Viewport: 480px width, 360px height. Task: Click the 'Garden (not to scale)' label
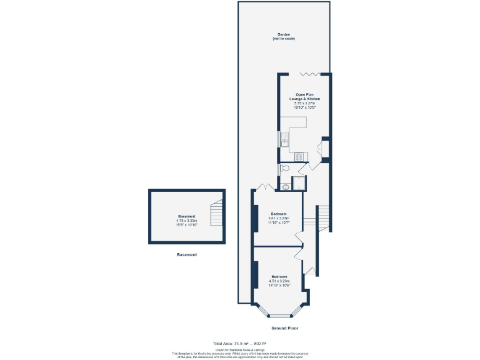(x=283, y=36)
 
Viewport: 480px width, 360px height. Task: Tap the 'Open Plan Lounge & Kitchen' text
(x=304, y=97)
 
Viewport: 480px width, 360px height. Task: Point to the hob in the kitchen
(x=299, y=157)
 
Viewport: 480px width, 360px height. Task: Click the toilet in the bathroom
(x=284, y=168)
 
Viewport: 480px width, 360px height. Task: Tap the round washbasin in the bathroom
(x=285, y=186)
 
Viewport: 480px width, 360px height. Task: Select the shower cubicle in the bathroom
(x=299, y=183)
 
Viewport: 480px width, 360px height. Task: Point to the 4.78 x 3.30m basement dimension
(x=186, y=221)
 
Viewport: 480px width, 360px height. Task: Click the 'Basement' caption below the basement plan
(x=186, y=255)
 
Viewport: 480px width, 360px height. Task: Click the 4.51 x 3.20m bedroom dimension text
(x=279, y=281)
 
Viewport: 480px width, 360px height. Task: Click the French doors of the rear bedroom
(x=263, y=186)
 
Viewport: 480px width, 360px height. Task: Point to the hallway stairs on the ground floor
(x=322, y=218)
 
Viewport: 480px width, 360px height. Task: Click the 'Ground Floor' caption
(x=284, y=328)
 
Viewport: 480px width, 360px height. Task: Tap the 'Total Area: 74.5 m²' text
(x=239, y=344)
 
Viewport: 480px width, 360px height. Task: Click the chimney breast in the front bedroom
(x=255, y=275)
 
